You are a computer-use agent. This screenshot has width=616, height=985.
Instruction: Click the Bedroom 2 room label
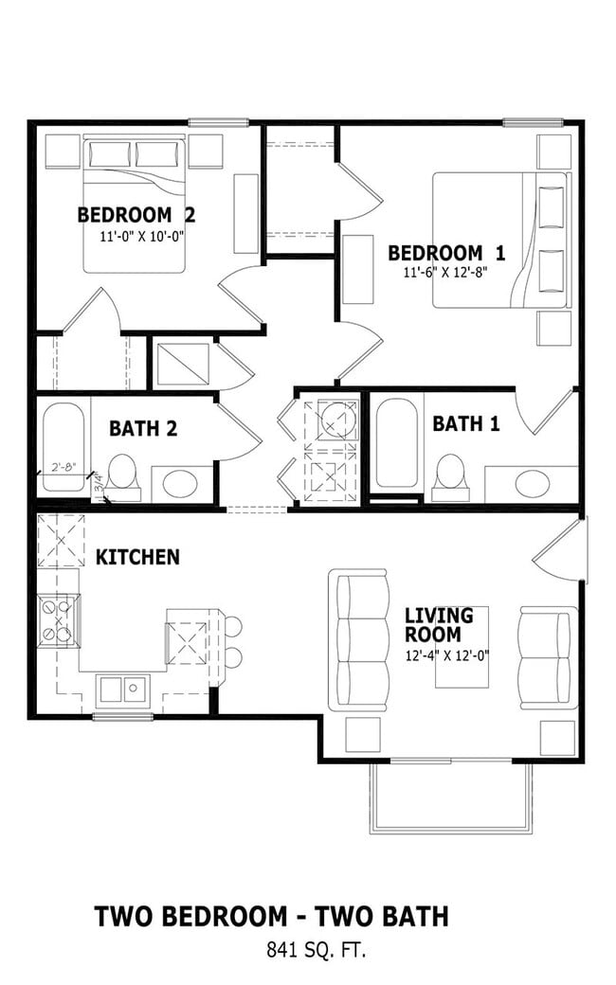coord(136,215)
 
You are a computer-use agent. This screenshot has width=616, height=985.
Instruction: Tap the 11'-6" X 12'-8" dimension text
coord(445,272)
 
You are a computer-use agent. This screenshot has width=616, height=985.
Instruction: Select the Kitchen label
coord(137,557)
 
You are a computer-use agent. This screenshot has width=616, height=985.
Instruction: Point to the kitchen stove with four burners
coord(59,619)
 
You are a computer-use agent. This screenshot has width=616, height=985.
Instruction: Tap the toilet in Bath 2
coord(122,478)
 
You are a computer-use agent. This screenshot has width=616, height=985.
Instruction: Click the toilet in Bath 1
coord(450,478)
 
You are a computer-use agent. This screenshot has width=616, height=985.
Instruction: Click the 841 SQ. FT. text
coord(316,950)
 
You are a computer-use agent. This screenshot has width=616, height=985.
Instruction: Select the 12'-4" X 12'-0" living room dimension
coord(447,655)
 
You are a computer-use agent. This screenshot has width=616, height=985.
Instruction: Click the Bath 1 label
coord(465,423)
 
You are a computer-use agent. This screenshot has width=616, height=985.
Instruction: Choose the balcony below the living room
coord(451,797)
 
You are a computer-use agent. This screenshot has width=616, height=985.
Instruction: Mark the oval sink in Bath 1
coord(532,484)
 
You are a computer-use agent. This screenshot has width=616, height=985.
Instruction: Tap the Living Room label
coord(439,624)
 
